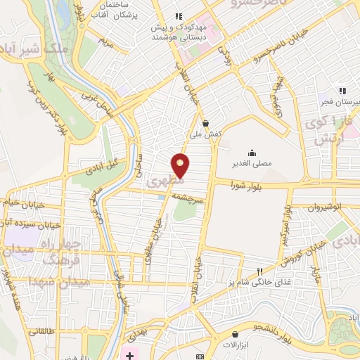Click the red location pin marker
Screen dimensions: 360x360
click(x=181, y=165)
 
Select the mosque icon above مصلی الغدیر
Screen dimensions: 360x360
click(x=252, y=153)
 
